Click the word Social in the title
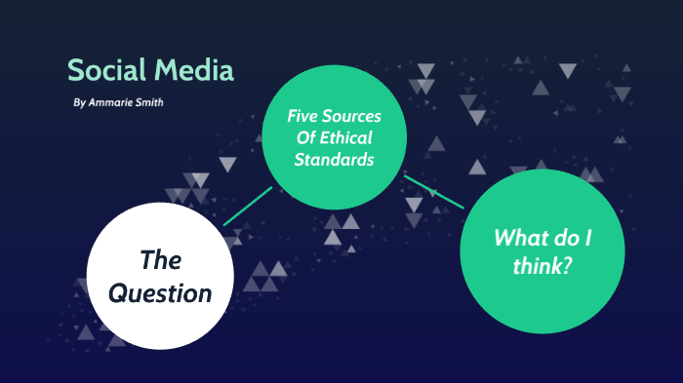click(x=102, y=71)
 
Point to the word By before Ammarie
click(x=79, y=101)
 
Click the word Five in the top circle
click(x=302, y=116)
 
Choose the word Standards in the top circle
click(x=335, y=159)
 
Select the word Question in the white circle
click(x=161, y=291)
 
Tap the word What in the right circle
click(x=518, y=237)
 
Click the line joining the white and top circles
click(x=248, y=206)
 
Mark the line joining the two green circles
click(x=434, y=192)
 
